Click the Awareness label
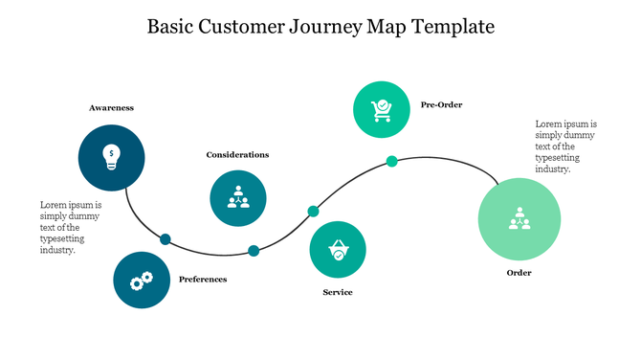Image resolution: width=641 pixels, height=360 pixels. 111,108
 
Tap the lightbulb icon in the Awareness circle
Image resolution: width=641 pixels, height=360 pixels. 112,156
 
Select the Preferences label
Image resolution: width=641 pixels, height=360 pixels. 203,280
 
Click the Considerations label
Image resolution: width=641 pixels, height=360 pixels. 237,154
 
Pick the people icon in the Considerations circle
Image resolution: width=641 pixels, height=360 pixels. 238,198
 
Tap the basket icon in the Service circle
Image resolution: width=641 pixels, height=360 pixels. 338,251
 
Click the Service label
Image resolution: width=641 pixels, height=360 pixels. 338,292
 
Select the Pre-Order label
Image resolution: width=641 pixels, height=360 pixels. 441,104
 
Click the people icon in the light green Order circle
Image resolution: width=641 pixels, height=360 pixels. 519,219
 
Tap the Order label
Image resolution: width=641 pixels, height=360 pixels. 519,273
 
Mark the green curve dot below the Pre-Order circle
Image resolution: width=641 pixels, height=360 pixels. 391,161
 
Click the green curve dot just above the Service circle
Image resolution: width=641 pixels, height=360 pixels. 313,211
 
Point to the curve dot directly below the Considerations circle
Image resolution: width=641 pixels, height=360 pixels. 254,251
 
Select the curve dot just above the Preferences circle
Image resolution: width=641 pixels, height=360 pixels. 165,239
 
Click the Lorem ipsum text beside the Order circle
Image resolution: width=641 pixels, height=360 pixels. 565,146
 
